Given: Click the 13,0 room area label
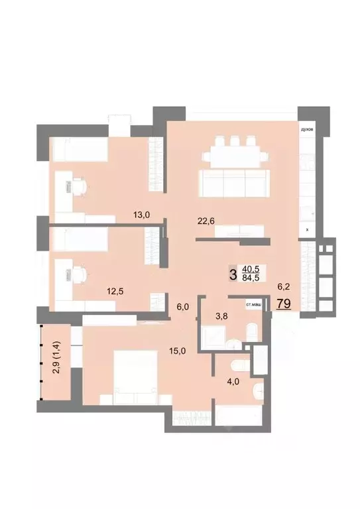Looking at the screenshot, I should (141, 214).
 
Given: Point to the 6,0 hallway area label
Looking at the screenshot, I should (183, 307).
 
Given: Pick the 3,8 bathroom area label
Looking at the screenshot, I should (223, 315).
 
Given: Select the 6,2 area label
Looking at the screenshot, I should (282, 288).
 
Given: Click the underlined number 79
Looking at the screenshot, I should (283, 304).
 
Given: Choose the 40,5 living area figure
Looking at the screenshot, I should (251, 268).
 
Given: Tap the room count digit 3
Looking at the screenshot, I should (232, 273).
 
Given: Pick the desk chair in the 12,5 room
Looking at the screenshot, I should (78, 273).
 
